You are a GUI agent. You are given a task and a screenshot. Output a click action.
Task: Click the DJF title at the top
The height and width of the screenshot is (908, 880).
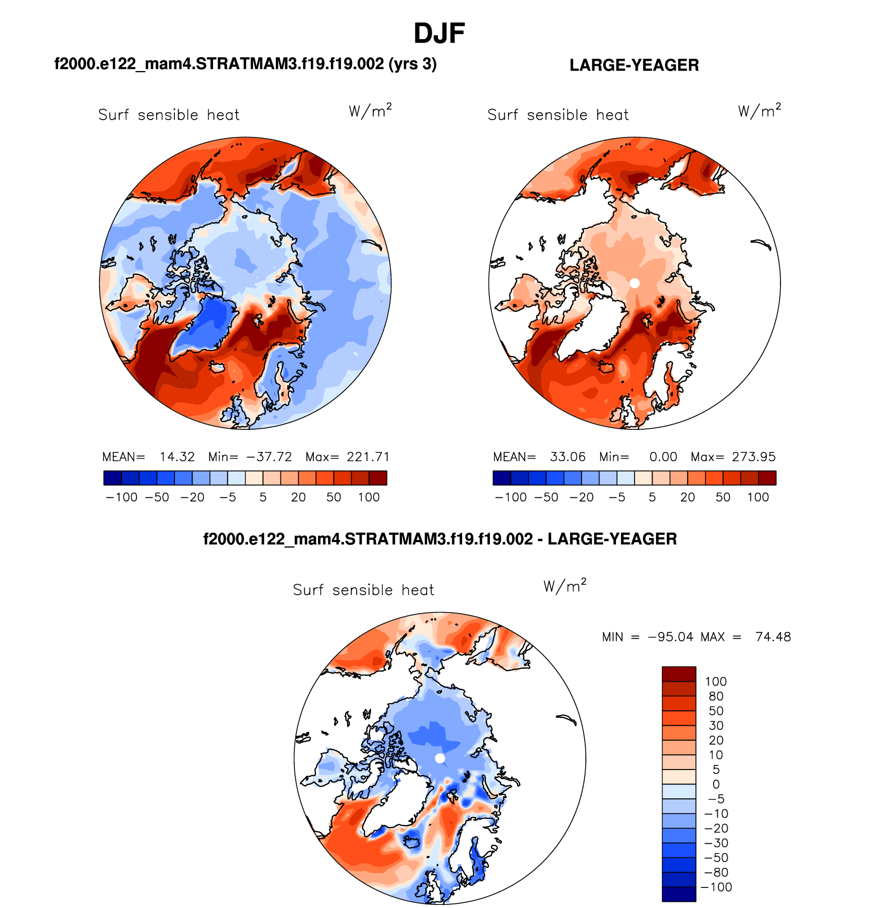(x=439, y=34)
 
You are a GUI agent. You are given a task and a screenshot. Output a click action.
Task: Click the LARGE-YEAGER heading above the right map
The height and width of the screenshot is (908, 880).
(x=634, y=65)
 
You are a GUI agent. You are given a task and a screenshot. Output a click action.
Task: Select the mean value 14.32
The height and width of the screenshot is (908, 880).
(x=177, y=457)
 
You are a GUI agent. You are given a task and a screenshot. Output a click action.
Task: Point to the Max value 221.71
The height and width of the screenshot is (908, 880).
(x=368, y=457)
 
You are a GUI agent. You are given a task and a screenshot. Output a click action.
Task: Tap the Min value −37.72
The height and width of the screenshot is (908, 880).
(x=269, y=457)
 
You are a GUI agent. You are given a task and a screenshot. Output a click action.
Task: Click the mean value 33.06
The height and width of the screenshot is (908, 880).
(x=568, y=457)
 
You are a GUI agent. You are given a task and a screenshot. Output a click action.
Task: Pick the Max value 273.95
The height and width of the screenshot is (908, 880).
(x=753, y=457)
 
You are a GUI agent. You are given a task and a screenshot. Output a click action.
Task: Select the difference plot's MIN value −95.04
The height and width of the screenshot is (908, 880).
(x=671, y=637)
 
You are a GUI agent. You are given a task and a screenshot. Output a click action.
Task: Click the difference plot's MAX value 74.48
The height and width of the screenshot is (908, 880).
(x=773, y=637)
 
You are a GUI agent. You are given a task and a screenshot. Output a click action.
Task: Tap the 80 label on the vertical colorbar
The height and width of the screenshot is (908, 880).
(x=716, y=696)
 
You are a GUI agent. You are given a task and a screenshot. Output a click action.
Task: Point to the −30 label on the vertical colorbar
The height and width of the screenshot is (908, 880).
(x=716, y=843)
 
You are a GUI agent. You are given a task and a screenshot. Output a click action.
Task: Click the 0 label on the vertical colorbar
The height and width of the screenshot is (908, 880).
(x=716, y=784)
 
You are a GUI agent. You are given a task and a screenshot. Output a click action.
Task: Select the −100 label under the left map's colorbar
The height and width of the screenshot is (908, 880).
(x=121, y=497)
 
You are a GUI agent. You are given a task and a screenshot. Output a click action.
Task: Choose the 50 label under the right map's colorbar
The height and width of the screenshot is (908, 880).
(x=723, y=497)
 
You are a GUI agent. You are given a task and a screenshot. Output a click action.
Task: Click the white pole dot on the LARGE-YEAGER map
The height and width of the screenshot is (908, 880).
(x=635, y=283)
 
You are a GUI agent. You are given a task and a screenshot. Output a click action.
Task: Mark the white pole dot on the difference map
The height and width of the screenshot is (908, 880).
(x=439, y=758)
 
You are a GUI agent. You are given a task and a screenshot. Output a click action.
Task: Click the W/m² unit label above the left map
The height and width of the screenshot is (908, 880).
(x=370, y=110)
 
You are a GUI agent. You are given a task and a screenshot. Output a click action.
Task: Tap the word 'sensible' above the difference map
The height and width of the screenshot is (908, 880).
(x=363, y=590)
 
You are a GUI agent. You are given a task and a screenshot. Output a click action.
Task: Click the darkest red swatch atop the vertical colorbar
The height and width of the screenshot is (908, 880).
(x=679, y=674)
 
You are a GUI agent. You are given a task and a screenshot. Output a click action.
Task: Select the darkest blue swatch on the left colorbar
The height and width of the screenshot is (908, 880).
(x=112, y=478)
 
